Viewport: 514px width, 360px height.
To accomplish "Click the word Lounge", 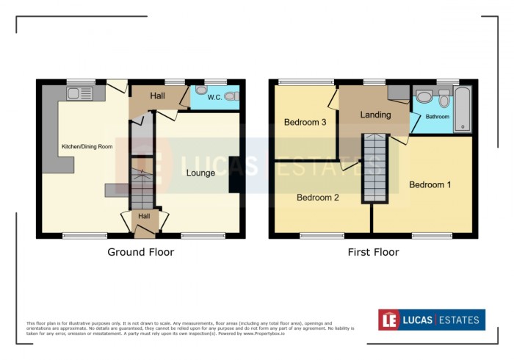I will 200,173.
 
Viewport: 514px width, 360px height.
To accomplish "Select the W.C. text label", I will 214,97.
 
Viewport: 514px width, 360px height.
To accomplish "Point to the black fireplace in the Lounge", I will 234,175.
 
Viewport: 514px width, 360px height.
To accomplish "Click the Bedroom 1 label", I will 430,184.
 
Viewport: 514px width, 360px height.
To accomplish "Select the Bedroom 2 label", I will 317,198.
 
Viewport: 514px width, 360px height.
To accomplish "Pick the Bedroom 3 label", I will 305,123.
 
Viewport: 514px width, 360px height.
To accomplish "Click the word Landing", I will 375,115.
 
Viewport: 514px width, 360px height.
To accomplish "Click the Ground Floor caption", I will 141,252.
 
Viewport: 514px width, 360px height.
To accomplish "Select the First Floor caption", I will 374,252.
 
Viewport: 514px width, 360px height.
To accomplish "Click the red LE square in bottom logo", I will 389,320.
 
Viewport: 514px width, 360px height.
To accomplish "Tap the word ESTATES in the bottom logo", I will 459,320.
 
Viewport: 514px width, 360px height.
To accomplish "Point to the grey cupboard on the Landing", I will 399,93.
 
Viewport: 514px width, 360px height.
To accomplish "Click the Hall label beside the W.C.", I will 157,96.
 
